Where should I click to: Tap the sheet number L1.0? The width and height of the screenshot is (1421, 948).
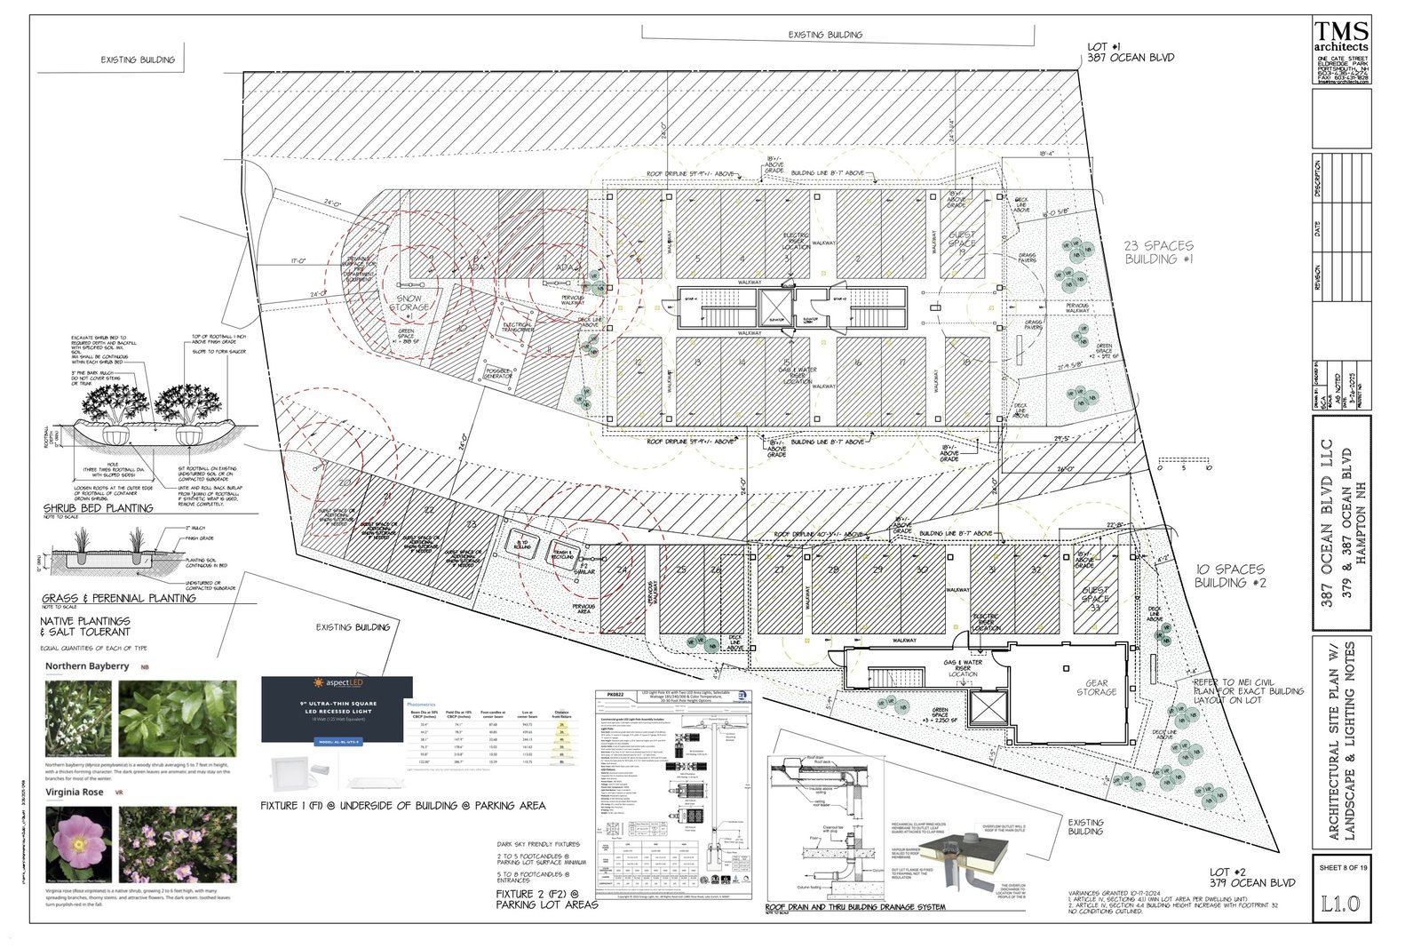point(1340,904)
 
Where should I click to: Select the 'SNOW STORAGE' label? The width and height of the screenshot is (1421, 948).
point(409,303)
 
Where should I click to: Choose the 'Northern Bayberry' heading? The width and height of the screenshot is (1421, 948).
point(87,665)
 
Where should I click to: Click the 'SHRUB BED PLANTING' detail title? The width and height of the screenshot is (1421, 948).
point(99,508)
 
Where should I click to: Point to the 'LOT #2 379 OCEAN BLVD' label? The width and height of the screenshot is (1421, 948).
point(1251,878)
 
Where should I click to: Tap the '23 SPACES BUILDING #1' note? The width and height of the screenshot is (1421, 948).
point(1159,252)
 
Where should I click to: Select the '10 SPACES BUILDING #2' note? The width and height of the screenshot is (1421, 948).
point(1229,576)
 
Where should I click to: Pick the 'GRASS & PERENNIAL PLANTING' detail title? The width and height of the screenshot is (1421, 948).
point(119,598)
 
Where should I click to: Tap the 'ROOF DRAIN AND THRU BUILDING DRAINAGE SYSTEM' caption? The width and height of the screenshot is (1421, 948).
point(855,907)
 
